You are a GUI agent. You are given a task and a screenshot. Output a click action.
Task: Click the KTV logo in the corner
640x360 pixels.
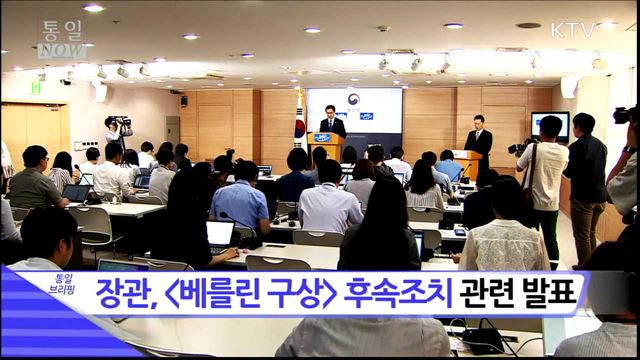click(x=572, y=30)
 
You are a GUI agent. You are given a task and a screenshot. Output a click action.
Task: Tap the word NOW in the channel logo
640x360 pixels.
click(x=62, y=48)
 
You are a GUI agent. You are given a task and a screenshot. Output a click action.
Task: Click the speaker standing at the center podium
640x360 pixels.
click(x=331, y=123)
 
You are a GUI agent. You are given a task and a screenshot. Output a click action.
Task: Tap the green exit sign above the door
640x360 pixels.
click(x=35, y=87)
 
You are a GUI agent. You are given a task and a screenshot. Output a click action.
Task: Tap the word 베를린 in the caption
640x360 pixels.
click(x=222, y=293)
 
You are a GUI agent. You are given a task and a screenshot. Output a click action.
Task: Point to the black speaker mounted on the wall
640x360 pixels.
click(x=183, y=101)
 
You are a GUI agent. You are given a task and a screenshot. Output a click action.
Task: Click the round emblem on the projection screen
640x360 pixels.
click(x=353, y=100)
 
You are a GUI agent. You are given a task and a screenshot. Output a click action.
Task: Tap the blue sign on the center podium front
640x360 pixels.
click(x=322, y=138)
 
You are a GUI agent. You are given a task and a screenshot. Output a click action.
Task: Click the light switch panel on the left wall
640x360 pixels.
click(x=87, y=145)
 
